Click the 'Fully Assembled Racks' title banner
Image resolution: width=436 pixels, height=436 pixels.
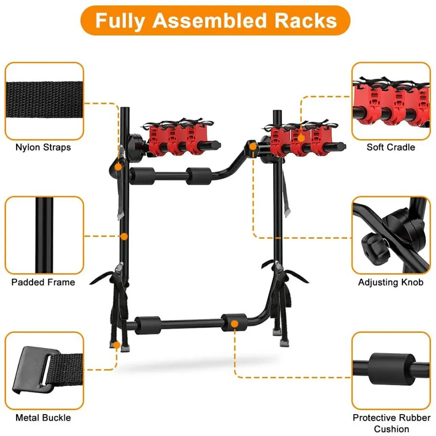(216, 21)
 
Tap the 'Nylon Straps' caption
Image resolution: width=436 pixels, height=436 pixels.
(43, 147)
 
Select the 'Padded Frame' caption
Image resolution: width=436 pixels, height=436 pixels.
(43, 282)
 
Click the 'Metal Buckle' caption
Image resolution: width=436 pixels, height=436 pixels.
(43, 418)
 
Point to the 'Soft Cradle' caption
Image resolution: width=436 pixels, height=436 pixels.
(391, 147)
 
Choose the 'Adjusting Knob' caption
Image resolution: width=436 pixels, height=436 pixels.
(391, 282)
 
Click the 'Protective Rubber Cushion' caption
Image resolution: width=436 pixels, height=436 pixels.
(391, 423)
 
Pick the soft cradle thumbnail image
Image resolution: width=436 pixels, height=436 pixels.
(391, 101)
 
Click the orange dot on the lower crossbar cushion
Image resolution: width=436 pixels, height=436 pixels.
(235, 324)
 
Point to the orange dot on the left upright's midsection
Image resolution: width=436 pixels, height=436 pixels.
(124, 237)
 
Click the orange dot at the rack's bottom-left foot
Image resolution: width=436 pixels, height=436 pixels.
(116, 345)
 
